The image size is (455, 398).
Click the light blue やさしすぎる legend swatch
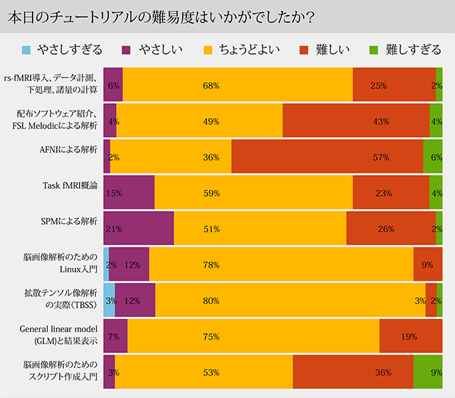27,50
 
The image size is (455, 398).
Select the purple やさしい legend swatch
128,50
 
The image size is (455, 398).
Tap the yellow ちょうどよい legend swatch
208,50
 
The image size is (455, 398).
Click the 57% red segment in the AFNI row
327,156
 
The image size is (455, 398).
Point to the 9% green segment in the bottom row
428,371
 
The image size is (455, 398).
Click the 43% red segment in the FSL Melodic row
355,121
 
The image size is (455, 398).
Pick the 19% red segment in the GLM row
411,335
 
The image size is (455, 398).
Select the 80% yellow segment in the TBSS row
290,300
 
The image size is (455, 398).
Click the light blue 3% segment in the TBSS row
109,300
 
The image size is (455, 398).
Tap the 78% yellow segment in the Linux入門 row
281,264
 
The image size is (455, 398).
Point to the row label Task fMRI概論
70,185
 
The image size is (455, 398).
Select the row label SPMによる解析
70,221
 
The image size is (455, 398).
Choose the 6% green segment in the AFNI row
433,156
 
